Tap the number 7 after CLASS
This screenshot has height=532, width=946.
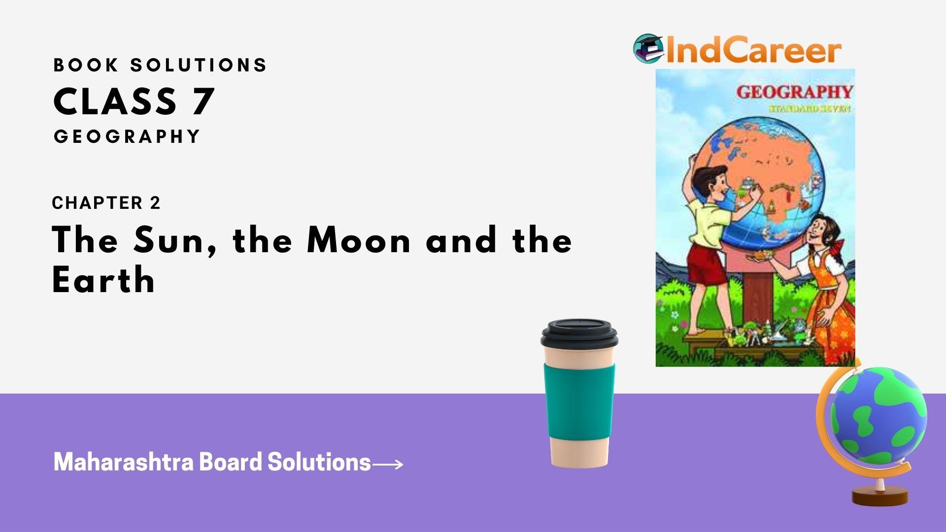pos(202,101)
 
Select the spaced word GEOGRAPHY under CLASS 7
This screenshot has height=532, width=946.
pos(127,136)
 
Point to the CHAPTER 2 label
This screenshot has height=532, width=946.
pos(106,203)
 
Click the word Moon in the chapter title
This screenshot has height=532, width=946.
pos(359,241)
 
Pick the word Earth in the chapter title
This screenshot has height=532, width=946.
pos(103,280)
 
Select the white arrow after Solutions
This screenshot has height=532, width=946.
pos(388,464)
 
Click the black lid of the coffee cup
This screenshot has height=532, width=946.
pos(579,334)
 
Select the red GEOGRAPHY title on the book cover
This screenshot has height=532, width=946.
pos(794,92)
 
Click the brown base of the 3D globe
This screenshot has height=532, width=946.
pos(880,497)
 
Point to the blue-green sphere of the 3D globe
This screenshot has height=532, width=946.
pos(878,416)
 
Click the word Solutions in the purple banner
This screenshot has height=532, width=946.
pos(319,462)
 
